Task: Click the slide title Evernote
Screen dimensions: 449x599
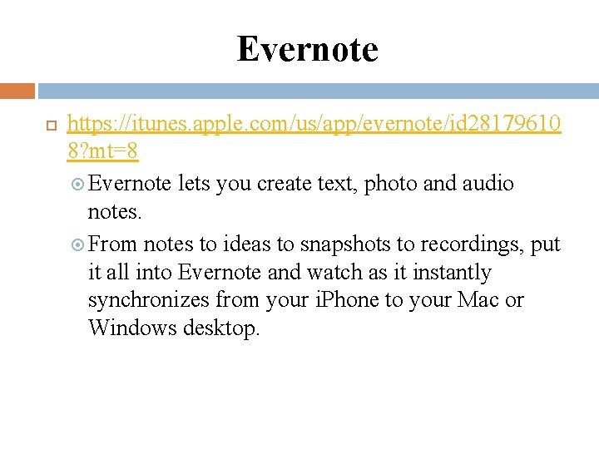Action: pyautogui.click(x=307, y=49)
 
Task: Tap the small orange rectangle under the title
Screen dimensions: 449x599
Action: pyautogui.click(x=17, y=91)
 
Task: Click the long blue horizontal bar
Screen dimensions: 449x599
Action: pyautogui.click(x=318, y=91)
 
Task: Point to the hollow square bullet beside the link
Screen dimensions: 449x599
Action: pyautogui.click(x=49, y=126)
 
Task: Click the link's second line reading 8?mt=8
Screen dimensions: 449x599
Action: pyautogui.click(x=102, y=152)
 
